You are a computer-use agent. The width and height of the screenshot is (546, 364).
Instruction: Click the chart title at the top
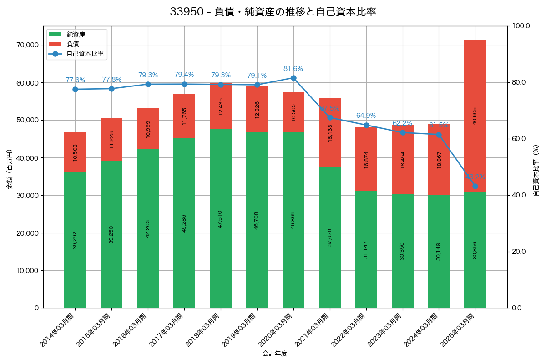tap(273, 12)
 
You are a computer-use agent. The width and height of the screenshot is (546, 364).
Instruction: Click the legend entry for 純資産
tap(76, 35)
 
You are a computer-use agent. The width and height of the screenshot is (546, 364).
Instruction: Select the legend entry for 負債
tap(73, 44)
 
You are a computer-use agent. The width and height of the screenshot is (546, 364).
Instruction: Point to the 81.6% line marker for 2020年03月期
tap(293, 78)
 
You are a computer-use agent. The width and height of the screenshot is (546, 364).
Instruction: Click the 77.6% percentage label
tap(75, 80)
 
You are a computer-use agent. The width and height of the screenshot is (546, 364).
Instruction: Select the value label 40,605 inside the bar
tap(475, 116)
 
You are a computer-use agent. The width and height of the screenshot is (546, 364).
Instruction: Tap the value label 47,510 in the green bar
tap(221, 219)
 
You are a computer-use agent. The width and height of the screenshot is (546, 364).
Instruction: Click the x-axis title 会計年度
tap(275, 354)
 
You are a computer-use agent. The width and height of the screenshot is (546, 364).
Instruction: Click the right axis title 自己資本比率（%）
tap(536, 170)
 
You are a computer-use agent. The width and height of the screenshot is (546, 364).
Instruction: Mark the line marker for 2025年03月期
tap(475, 186)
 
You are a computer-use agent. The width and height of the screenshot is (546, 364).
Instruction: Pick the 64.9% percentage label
tap(366, 116)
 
